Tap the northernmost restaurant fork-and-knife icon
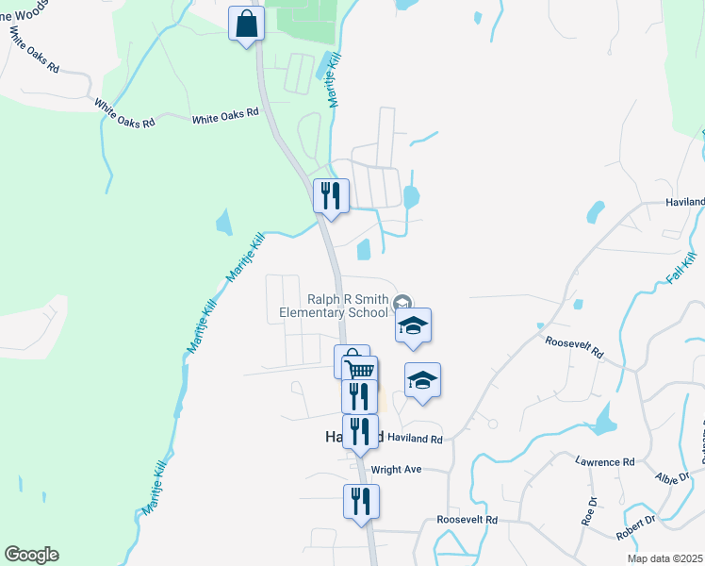pyautogui.click(x=331, y=195)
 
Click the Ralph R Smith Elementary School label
pyautogui.click(x=334, y=306)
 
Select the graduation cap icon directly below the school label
pyautogui.click(x=412, y=325)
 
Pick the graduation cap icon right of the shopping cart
pyautogui.click(x=422, y=380)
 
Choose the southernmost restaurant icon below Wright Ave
pyautogui.click(x=360, y=501)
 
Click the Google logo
pyautogui.click(x=31, y=555)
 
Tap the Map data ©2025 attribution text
pyautogui.click(x=664, y=558)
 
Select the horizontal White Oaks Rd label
pyautogui.click(x=225, y=116)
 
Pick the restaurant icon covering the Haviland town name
pyautogui.click(x=360, y=431)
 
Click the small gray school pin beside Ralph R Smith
pyautogui.click(x=402, y=302)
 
